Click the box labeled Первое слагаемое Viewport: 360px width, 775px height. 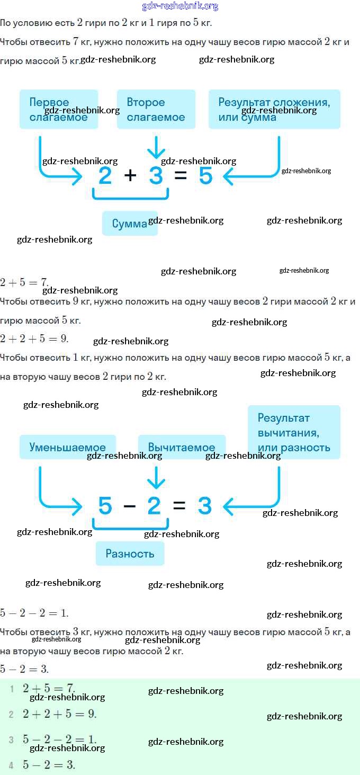[x=59, y=109]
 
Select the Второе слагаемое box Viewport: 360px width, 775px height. [x=156, y=109]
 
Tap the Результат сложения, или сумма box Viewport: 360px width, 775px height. [x=274, y=109]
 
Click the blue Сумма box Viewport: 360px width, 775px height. [x=130, y=224]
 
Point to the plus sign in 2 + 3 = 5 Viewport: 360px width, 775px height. [x=130, y=175]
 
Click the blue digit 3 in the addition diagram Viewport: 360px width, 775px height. [x=156, y=175]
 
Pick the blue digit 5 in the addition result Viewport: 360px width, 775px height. [x=205, y=175]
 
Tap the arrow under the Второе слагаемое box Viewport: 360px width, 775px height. [x=156, y=147]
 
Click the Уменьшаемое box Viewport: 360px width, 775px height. [x=67, y=447]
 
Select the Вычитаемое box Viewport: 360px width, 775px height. [x=182, y=447]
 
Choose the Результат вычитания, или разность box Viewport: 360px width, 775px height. [x=294, y=432]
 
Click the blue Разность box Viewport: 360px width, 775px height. [x=130, y=554]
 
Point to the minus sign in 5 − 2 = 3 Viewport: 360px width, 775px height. [x=130, y=506]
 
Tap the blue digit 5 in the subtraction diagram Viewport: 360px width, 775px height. [x=105, y=506]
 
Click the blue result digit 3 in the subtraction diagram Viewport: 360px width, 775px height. [x=204, y=506]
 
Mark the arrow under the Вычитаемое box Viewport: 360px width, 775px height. [x=156, y=477]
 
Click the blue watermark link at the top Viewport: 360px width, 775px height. [x=180, y=6]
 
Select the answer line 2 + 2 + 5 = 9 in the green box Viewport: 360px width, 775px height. [x=59, y=714]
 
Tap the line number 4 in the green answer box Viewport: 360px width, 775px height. [x=11, y=765]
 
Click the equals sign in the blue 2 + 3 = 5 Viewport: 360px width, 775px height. [x=181, y=175]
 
